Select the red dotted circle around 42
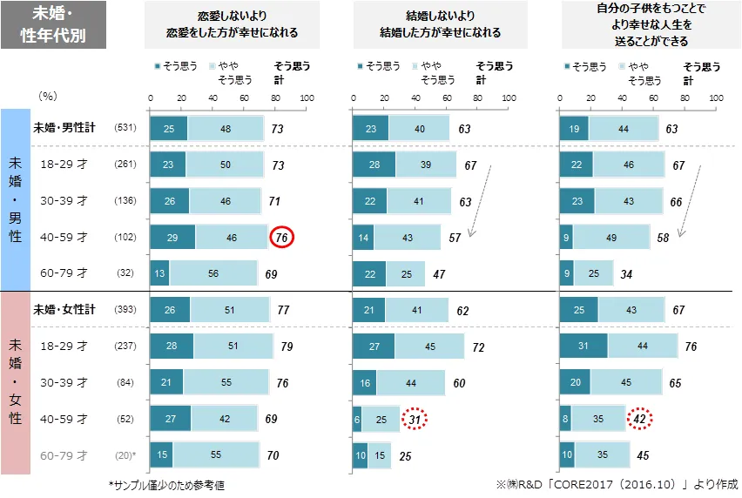[x=639, y=419]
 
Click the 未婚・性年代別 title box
[x=55, y=24]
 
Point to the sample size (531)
[x=127, y=128]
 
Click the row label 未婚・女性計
[x=64, y=309]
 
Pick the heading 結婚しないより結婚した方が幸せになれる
[x=428, y=25]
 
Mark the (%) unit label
[x=49, y=96]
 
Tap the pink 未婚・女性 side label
[x=15, y=382]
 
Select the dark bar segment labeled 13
[x=160, y=273]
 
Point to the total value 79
[x=287, y=347]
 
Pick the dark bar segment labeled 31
[x=583, y=347]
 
